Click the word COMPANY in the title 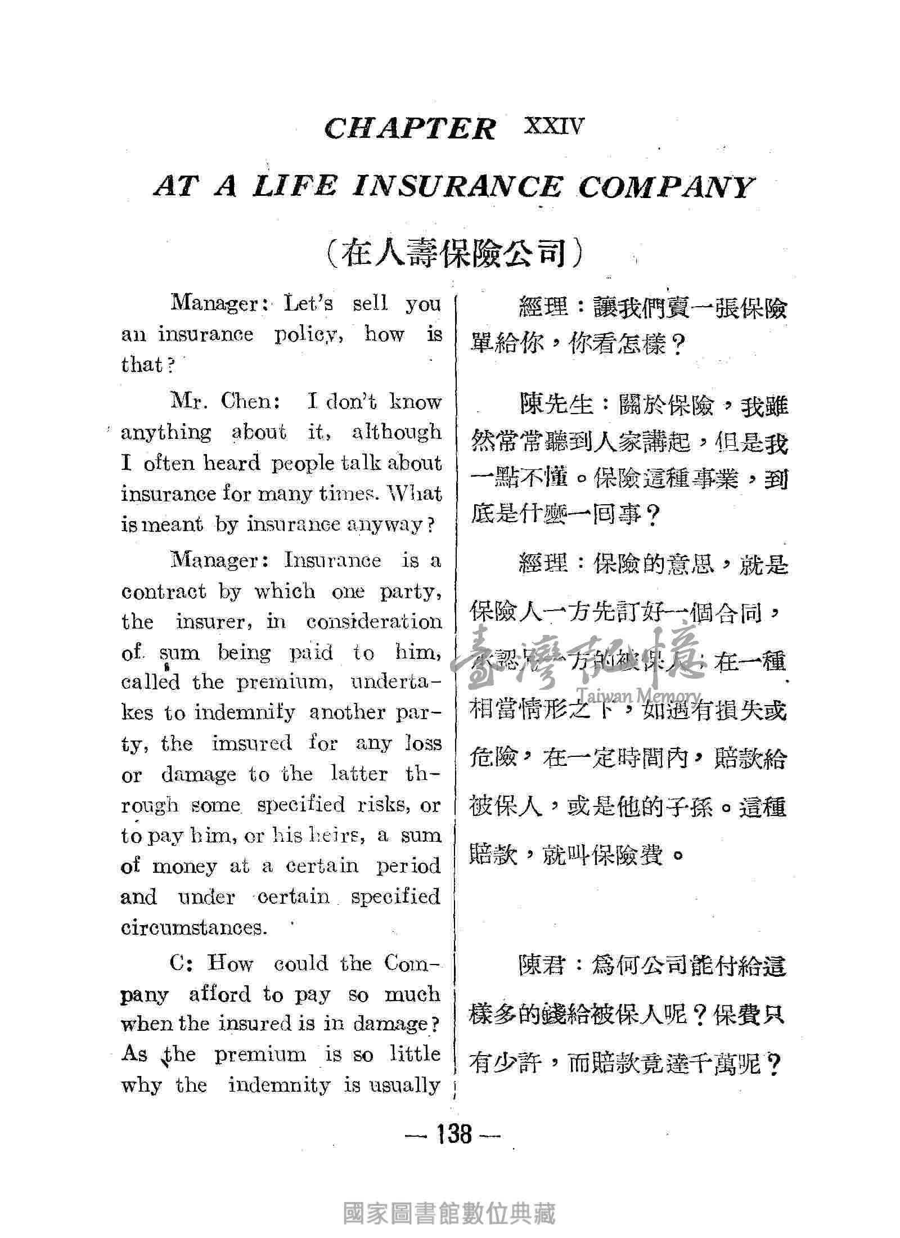click(664, 187)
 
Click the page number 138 click(453, 1133)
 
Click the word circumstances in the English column click(193, 927)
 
